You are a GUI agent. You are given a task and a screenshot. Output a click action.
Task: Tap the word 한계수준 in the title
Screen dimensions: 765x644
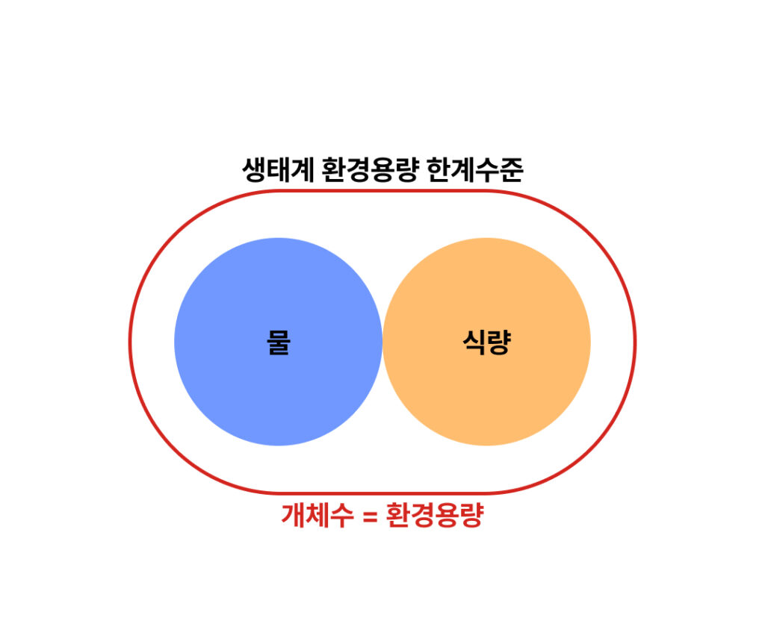[475, 169]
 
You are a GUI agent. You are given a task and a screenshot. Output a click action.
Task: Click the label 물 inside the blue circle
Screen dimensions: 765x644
[279, 343]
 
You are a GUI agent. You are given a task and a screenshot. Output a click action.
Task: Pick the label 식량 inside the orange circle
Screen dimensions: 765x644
[486, 343]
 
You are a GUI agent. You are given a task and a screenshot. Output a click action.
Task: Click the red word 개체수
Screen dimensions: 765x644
[317, 515]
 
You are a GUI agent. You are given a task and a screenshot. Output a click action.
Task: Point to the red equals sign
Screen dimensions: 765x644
[371, 516]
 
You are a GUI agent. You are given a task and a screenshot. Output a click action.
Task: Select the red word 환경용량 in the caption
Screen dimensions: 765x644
[435, 515]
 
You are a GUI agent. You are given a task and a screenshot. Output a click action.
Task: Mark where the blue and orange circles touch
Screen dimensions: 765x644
[382, 342]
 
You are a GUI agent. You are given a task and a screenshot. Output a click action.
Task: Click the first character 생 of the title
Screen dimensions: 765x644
[254, 169]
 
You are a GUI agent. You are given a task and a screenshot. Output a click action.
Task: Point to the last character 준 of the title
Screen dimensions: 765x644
[512, 169]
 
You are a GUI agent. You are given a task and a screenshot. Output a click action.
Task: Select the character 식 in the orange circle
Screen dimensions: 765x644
[474, 343]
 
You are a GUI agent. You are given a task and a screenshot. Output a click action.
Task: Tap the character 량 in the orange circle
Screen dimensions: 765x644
[499, 343]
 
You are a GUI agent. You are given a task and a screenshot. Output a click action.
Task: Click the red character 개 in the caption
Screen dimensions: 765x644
[293, 515]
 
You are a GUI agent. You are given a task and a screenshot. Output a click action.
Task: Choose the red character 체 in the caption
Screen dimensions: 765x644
[317, 515]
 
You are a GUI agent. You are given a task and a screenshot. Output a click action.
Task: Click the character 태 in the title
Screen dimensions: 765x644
[278, 169]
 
